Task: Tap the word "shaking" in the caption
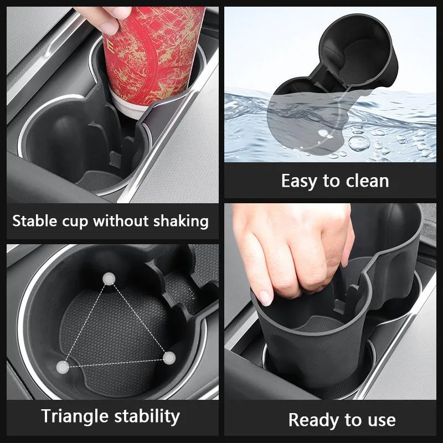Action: (x=181, y=221)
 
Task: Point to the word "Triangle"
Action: (x=75, y=417)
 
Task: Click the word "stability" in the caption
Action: (x=147, y=417)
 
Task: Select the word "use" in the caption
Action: (x=382, y=421)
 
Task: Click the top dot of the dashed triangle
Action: (x=109, y=279)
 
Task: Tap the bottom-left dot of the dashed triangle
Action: (x=63, y=367)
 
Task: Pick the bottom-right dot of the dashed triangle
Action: (x=169, y=358)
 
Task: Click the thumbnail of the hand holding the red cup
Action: (x=110, y=27)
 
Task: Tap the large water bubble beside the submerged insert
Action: (x=359, y=143)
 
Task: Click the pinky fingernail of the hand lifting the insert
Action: (x=265, y=298)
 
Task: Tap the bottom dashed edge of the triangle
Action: (x=116, y=363)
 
